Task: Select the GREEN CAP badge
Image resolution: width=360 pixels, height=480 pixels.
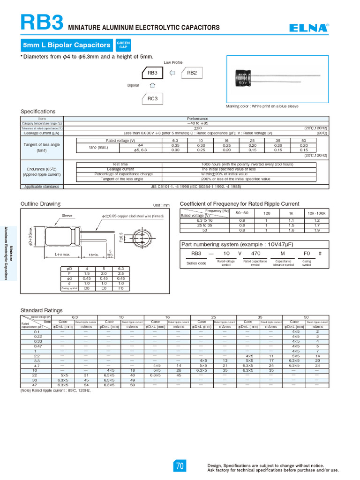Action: point(123,45)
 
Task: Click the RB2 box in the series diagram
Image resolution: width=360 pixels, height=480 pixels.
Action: point(192,73)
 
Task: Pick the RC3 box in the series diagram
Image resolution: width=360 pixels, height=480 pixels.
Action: point(152,99)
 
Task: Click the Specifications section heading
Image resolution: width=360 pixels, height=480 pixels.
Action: point(38,112)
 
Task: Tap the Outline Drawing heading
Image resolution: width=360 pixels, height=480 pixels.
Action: point(40,203)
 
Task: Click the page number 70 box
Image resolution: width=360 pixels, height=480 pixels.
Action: point(180,466)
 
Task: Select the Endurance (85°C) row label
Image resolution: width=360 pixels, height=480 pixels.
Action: point(42,169)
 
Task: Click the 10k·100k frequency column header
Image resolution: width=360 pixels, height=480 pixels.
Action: point(317,213)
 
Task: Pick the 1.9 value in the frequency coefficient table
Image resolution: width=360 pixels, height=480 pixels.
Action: point(317,230)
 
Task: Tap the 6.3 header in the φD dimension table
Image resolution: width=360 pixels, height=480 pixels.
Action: point(120,269)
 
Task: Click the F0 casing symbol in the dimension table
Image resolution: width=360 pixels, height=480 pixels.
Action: point(120,288)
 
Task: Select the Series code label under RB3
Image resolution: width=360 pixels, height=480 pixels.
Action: point(196,263)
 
